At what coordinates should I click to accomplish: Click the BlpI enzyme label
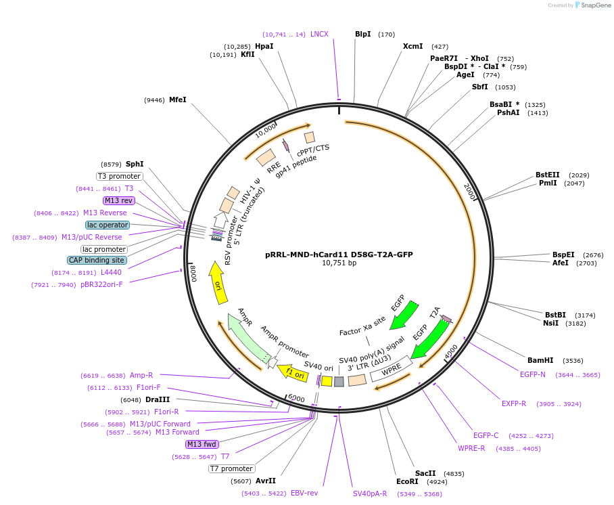[x=362, y=34]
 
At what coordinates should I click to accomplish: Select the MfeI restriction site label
[x=177, y=100]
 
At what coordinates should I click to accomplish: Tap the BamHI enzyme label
[x=540, y=360]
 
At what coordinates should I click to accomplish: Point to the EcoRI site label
[x=407, y=481]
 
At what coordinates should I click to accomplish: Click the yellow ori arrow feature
[x=217, y=278]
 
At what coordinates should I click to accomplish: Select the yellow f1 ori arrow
[x=294, y=372]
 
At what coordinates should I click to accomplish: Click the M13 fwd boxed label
[x=202, y=444]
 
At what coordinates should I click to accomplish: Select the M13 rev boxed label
[x=118, y=200]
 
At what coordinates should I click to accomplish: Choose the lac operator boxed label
[x=107, y=225]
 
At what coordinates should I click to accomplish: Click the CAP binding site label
[x=97, y=260]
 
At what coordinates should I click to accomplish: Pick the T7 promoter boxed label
[x=231, y=468]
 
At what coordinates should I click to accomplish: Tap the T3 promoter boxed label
[x=119, y=176]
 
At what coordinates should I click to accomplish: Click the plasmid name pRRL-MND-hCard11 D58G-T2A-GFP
[x=339, y=255]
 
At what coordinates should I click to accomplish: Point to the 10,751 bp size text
[x=339, y=263]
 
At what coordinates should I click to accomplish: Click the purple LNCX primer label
[x=319, y=34]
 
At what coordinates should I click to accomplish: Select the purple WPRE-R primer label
[x=471, y=448]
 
